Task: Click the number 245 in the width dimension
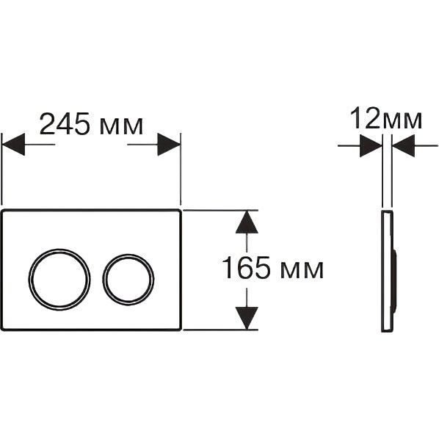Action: click(65, 123)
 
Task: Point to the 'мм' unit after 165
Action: click(301, 271)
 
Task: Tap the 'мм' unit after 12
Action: click(402, 120)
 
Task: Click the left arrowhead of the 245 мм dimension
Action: click(14, 145)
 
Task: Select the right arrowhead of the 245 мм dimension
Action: click(169, 145)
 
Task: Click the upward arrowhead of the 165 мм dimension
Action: click(247, 222)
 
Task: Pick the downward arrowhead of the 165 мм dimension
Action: click(247, 318)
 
